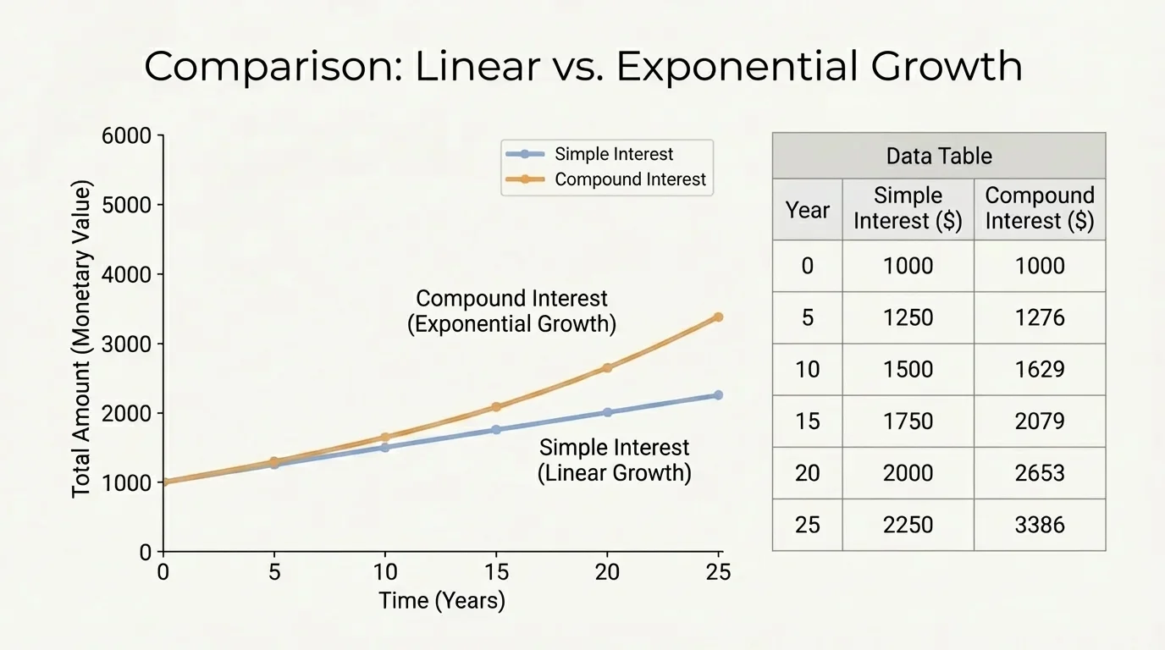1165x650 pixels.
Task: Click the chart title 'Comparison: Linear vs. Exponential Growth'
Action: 582,67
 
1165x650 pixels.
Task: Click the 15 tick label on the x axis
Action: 496,573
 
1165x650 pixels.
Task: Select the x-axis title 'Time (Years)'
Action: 441,601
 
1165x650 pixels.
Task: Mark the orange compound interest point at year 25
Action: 718,317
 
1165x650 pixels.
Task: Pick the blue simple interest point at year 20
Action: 607,412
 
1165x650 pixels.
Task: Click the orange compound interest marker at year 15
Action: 496,407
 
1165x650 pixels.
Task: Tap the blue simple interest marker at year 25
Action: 718,395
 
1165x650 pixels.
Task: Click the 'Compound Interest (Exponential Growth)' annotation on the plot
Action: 511,311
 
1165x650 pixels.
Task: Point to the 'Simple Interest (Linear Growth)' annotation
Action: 614,460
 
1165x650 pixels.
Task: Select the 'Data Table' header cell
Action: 938,156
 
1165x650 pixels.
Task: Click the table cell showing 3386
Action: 1039,525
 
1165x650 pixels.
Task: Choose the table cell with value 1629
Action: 1039,370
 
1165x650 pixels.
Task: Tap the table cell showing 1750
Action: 908,421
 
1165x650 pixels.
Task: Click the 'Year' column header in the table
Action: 807,209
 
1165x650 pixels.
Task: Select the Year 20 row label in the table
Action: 807,473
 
